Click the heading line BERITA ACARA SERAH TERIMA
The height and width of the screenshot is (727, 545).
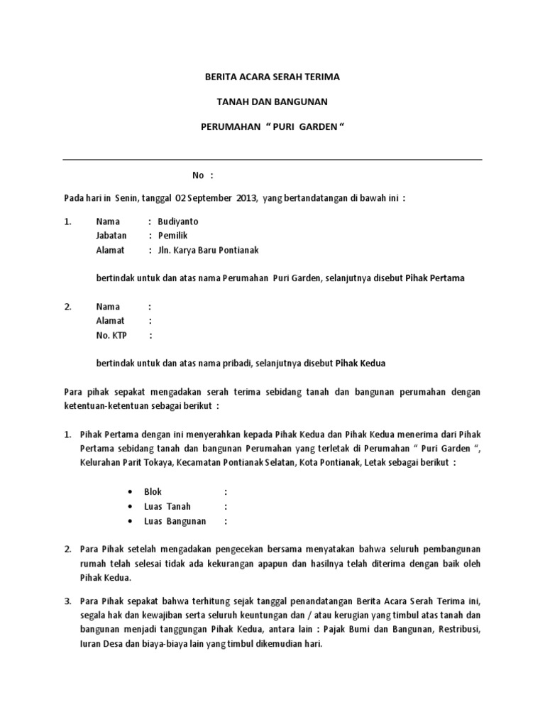point(272,76)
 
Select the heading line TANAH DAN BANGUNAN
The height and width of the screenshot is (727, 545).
point(272,102)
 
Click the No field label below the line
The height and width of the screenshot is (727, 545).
point(199,175)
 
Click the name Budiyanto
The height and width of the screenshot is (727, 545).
point(178,222)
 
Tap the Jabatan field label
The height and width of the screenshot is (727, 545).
point(111,236)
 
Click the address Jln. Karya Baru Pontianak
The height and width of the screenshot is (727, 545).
point(209,250)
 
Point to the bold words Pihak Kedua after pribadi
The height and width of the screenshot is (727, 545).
point(359,363)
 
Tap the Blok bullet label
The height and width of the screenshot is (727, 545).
point(153,491)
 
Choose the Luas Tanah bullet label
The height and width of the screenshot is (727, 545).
point(167,506)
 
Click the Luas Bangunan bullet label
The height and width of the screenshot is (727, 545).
point(175,521)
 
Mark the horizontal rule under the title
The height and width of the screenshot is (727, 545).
point(272,160)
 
